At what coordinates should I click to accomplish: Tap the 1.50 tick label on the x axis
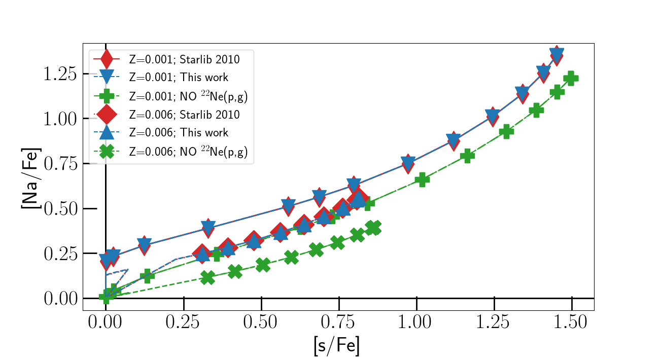572,322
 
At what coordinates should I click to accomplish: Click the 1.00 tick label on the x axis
416,322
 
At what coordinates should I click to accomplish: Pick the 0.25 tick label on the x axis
184,322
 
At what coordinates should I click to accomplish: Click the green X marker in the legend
107,151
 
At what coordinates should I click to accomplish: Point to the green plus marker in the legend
107,96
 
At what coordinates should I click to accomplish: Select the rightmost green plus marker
571,78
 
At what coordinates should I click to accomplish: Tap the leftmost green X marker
207,277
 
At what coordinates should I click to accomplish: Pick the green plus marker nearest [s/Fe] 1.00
422,179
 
